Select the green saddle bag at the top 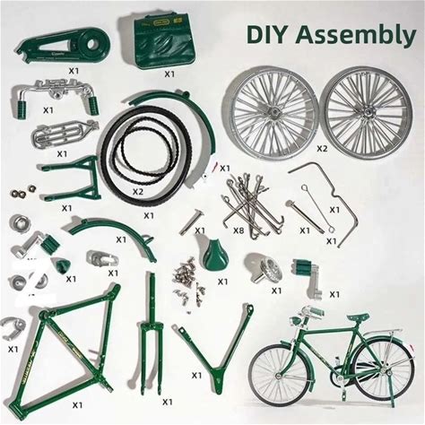[x=164, y=40]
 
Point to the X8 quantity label [x=239, y=230]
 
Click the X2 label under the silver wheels [x=322, y=149]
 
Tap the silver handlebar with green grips [x=56, y=96]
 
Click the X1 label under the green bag [x=169, y=74]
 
